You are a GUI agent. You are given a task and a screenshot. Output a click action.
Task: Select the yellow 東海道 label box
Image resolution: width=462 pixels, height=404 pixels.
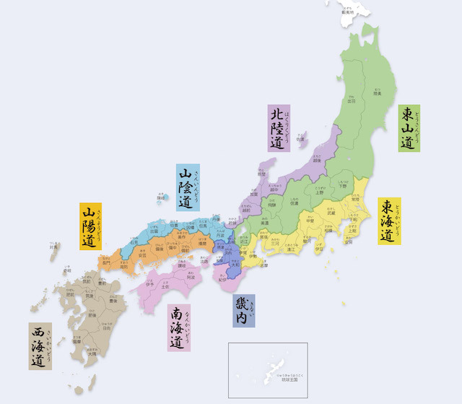pyautogui.click(x=390, y=221)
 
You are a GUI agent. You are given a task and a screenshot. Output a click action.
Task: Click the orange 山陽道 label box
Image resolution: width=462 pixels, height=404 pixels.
pyautogui.click(x=90, y=226)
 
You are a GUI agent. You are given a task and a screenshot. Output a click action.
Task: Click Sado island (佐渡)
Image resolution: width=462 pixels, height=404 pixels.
pyautogui.click(x=300, y=137)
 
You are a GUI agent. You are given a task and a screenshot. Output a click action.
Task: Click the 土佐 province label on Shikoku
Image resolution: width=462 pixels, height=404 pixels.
pyautogui.click(x=165, y=287)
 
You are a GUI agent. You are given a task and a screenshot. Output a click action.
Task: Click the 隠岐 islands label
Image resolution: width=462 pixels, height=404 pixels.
pyautogui.click(x=162, y=197)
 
